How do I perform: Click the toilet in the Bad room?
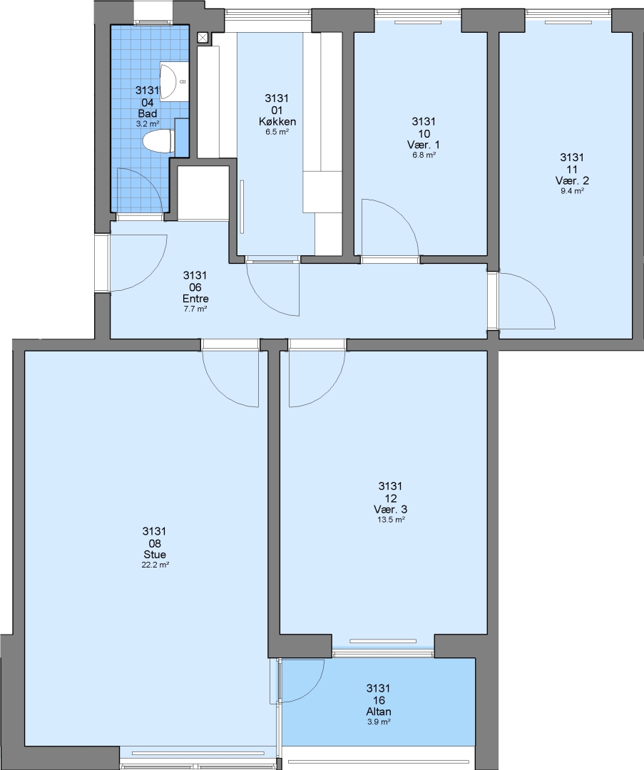(158, 141)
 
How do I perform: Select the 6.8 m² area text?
(424, 155)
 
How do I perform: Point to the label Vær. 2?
(572, 180)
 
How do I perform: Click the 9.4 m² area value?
(572, 192)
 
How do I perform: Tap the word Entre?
(195, 299)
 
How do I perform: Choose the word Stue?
(154, 555)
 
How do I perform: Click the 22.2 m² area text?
(155, 565)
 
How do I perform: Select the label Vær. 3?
(391, 509)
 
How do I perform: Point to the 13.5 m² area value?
(391, 520)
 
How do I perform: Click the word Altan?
(379, 712)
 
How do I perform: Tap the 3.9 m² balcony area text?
(379, 722)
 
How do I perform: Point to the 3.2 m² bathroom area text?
(148, 124)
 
